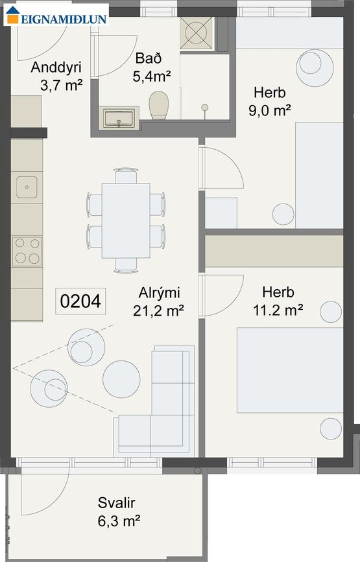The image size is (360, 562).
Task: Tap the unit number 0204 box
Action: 80,301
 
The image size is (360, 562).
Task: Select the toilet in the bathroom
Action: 159,105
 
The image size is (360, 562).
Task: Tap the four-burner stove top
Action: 27,251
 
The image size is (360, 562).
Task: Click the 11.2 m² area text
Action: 279,310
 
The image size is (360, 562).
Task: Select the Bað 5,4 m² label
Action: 153,67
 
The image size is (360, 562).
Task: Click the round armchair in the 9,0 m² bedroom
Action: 314,65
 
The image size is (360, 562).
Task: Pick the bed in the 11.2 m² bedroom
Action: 289,369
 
